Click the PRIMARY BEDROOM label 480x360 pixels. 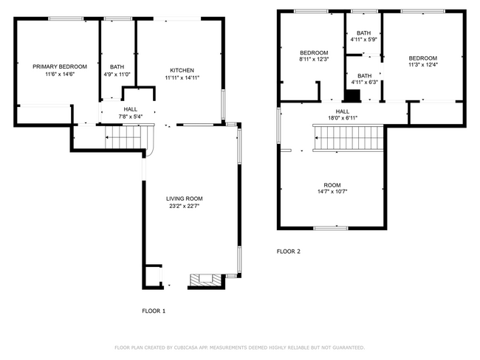(60, 66)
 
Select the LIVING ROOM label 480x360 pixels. (184, 198)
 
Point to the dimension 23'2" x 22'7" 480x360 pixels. (184, 207)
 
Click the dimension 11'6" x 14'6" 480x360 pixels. (60, 75)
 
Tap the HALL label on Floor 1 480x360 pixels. (130, 108)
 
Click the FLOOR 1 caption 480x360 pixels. (154, 311)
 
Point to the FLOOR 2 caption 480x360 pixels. (289, 252)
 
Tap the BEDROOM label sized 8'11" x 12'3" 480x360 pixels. (314, 52)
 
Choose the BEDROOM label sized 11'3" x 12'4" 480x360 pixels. (423, 58)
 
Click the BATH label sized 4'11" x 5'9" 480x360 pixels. (364, 33)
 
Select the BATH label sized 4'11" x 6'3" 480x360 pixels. (364, 75)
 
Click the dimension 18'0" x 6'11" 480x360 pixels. (343, 117)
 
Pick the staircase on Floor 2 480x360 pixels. (349, 136)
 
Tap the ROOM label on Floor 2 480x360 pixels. (332, 184)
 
